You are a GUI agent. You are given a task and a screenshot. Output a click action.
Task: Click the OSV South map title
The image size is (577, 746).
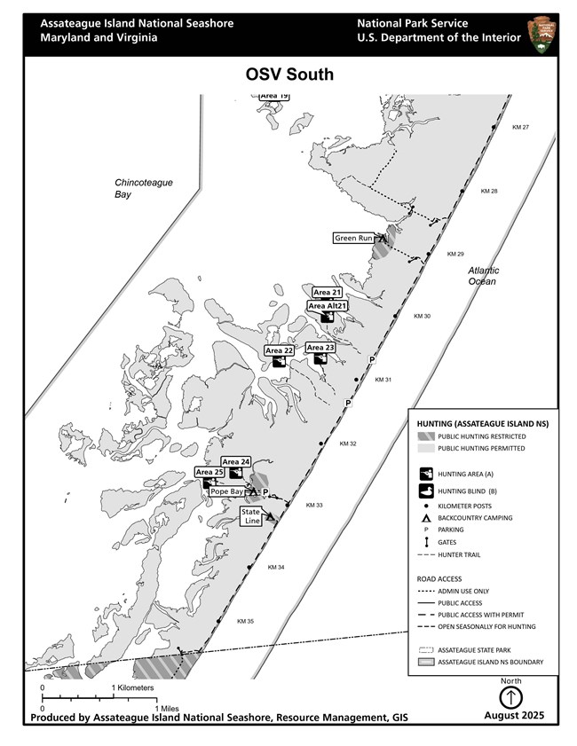tap(289, 75)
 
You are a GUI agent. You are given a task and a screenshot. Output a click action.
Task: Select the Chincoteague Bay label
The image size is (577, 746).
tap(143, 188)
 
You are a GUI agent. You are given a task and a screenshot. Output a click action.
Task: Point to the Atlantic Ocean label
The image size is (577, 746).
tap(484, 276)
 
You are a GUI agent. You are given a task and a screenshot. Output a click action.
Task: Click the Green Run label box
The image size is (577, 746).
tap(352, 238)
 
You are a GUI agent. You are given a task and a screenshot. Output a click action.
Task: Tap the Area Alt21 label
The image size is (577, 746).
tap(327, 305)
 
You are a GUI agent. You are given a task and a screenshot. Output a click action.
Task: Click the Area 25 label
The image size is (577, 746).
tap(209, 472)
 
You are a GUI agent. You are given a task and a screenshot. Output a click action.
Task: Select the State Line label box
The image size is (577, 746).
tap(251, 515)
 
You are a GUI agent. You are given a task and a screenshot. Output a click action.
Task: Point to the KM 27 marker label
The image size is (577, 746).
tap(520, 128)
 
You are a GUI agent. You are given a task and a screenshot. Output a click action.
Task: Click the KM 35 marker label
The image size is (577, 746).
tap(245, 621)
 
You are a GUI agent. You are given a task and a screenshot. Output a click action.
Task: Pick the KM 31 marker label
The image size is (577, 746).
tap(383, 380)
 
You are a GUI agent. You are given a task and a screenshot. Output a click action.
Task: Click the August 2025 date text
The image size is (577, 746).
tap(514, 715)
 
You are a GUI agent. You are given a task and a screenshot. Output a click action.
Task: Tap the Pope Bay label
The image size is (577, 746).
tap(226, 491)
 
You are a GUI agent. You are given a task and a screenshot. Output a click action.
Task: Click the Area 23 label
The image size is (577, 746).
tap(320, 348)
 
